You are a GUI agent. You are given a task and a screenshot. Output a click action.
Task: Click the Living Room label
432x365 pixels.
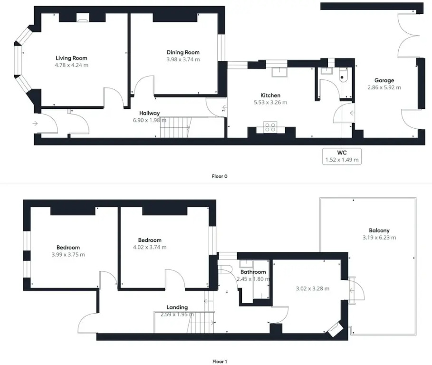pyautogui.click(x=71, y=58)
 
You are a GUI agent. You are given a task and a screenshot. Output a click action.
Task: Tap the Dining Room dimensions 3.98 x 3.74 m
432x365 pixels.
pyautogui.click(x=183, y=59)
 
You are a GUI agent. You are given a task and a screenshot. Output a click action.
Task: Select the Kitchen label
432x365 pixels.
pyautogui.click(x=270, y=96)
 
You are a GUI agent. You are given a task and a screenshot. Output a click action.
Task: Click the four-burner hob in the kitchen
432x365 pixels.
pyautogui.click(x=270, y=127)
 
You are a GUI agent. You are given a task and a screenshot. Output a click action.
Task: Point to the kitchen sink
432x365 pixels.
pyautogui.click(x=279, y=72)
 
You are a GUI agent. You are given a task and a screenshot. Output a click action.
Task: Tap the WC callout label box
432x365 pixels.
pyautogui.click(x=342, y=156)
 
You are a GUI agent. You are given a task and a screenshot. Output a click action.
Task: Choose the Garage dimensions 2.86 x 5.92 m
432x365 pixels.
pyautogui.click(x=384, y=87)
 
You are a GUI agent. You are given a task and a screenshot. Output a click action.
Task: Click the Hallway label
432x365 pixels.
pyautogui.click(x=149, y=113)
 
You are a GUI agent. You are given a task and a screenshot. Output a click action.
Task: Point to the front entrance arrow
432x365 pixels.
pyautogui.click(x=35, y=124)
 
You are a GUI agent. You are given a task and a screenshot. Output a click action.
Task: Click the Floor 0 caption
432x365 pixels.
pyautogui.click(x=220, y=176)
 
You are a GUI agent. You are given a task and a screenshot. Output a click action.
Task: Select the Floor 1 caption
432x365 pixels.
pyautogui.click(x=220, y=361)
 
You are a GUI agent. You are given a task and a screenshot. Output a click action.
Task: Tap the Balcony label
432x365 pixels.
pyautogui.click(x=379, y=231)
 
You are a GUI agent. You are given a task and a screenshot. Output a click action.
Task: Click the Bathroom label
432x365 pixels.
pyautogui.click(x=253, y=272)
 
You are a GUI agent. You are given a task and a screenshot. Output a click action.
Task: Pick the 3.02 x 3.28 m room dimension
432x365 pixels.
pyautogui.click(x=312, y=288)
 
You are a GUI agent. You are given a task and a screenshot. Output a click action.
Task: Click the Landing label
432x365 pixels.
pyautogui.click(x=177, y=307)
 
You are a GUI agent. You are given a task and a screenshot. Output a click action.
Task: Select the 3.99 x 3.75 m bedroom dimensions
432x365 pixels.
pyautogui.click(x=68, y=255)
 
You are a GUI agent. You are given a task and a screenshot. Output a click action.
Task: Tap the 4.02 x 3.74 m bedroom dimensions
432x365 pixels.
pyautogui.click(x=150, y=248)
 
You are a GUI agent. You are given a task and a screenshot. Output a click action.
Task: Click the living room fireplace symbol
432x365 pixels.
pyautogui.click(x=82, y=18)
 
